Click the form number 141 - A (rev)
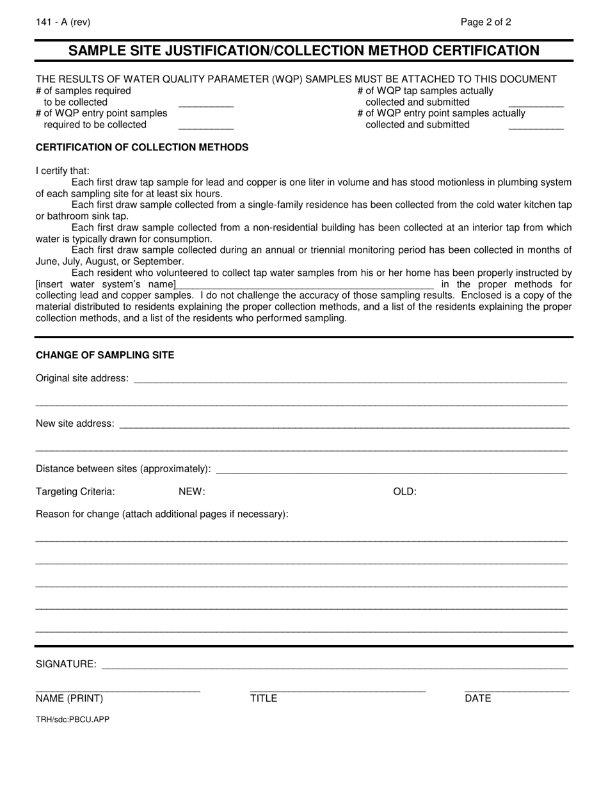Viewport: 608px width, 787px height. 63,22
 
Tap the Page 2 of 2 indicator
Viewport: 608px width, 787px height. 486,22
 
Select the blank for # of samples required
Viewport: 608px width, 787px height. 205,102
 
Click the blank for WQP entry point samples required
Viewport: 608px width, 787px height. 205,125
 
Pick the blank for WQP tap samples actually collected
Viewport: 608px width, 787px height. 536,102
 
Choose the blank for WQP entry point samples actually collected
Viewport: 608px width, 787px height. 536,125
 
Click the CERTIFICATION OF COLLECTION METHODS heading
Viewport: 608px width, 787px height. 142,147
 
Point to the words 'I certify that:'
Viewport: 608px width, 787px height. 63,171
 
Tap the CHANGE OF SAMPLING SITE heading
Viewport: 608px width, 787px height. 105,355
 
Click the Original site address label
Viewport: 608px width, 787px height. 82,378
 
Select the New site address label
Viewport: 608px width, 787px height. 76,424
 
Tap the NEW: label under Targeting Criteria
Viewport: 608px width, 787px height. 191,491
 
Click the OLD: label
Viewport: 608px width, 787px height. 404,491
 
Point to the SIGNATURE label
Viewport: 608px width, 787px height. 66,664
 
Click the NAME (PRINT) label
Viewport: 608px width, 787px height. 69,698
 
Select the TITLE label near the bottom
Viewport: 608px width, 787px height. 263,698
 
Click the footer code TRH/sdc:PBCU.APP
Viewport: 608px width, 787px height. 72,719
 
